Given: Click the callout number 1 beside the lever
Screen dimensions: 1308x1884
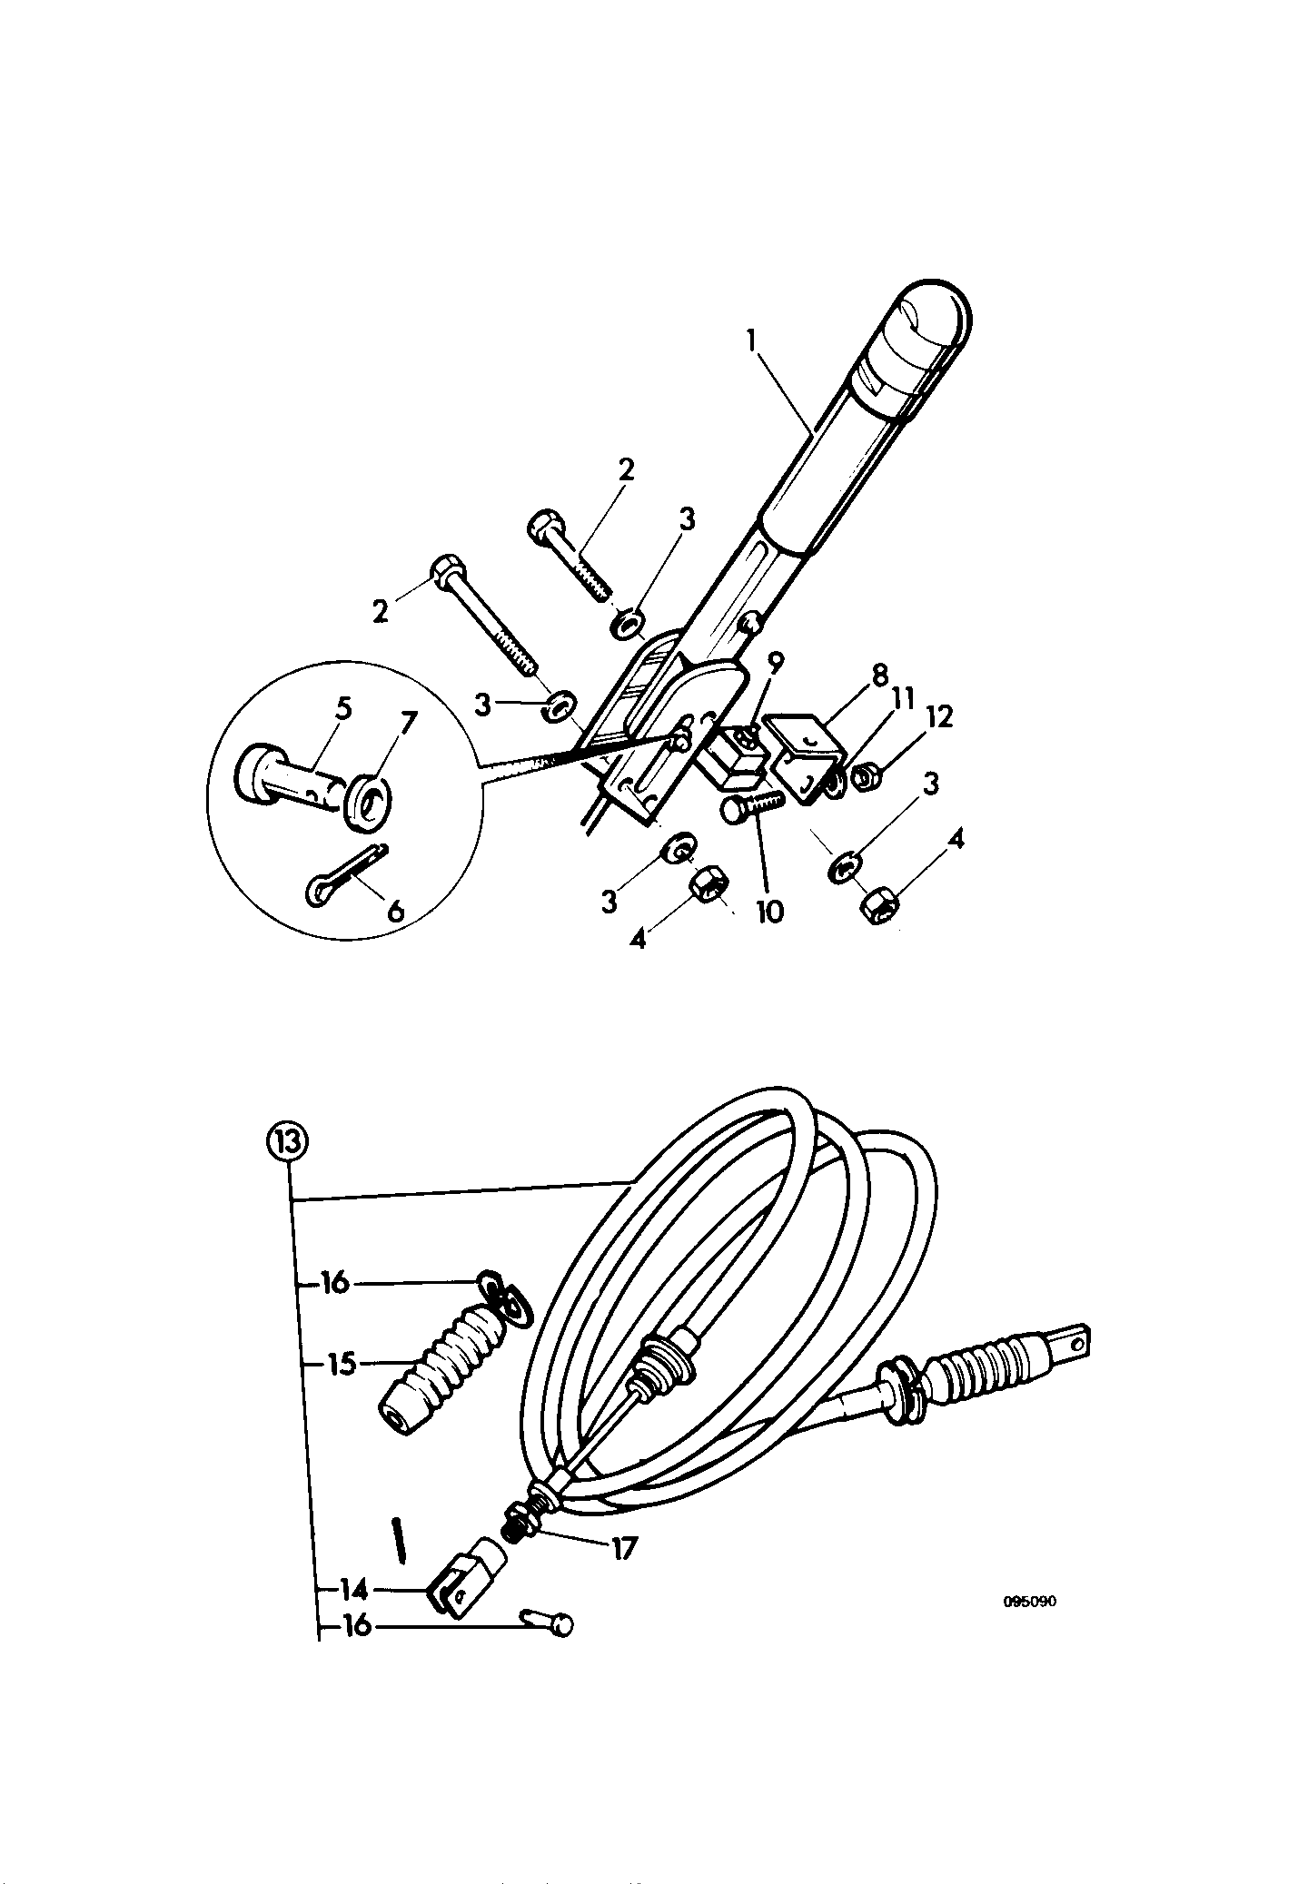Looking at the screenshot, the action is pyautogui.click(x=751, y=341).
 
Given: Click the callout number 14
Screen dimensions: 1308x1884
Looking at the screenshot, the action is pyautogui.click(x=354, y=1589).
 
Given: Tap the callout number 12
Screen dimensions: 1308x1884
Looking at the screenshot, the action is pyautogui.click(x=941, y=717).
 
